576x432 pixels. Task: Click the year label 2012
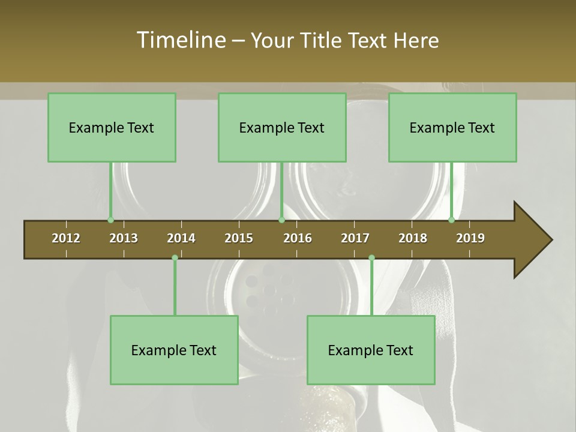click(x=66, y=238)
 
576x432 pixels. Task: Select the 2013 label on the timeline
click(x=124, y=238)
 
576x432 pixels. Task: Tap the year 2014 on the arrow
click(x=181, y=238)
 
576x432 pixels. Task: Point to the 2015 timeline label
click(x=239, y=238)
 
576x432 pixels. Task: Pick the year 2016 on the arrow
click(x=298, y=238)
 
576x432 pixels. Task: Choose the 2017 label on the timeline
click(x=355, y=238)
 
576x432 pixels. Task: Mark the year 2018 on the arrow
click(x=413, y=238)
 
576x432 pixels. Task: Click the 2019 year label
click(x=470, y=238)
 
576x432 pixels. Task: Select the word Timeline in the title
click(x=181, y=40)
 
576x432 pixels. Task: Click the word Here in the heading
click(x=416, y=40)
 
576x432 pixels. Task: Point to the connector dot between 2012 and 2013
click(x=110, y=220)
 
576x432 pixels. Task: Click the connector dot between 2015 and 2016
click(x=281, y=220)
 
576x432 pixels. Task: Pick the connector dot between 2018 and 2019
click(x=452, y=220)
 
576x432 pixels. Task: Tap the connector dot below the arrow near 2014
click(x=175, y=257)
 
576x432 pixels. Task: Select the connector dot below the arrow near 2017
click(x=371, y=257)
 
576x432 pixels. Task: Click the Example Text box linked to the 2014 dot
click(x=174, y=350)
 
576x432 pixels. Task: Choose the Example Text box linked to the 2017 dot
click(x=371, y=350)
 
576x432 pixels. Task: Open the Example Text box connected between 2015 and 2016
click(x=282, y=127)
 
